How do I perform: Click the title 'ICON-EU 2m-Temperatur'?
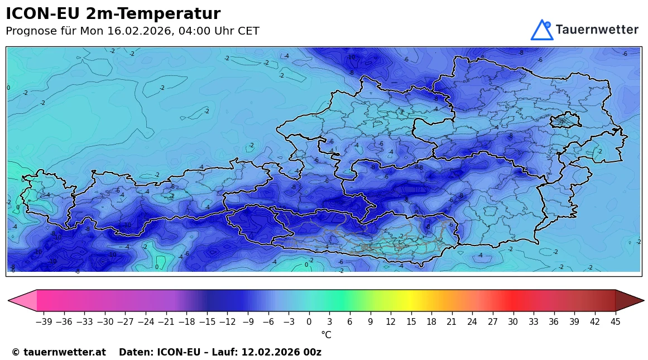113,14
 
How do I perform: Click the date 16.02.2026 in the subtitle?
138,31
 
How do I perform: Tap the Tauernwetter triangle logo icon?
541,30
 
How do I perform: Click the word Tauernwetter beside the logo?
597,30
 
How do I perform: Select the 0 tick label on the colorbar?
309,322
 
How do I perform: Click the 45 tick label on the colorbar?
615,322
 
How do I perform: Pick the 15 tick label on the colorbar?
411,322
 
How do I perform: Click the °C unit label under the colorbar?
326,335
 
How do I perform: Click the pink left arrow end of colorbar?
22,300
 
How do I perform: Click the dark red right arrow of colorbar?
629,300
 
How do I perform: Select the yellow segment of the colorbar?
411,300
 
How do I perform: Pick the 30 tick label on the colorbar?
513,322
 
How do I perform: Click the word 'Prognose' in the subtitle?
31,31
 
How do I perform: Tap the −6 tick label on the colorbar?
268,322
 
